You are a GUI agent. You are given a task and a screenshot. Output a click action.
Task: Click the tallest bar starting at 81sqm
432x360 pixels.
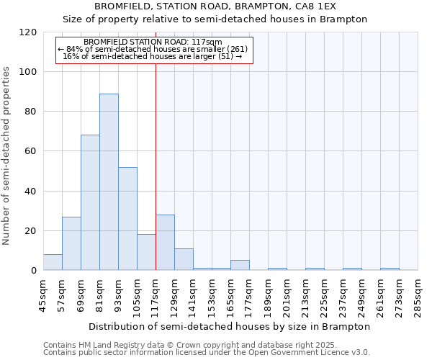pyautogui.click(x=109, y=182)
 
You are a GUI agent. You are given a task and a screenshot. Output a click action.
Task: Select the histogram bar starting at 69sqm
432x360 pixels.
pyautogui.click(x=90, y=202)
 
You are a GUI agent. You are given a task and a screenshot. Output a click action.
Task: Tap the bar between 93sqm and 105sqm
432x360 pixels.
pyautogui.click(x=127, y=219)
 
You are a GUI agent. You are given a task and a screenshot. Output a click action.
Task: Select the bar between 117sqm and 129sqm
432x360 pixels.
pyautogui.click(x=165, y=243)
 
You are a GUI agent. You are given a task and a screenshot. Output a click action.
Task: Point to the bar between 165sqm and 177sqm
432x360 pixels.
pyautogui.click(x=240, y=265)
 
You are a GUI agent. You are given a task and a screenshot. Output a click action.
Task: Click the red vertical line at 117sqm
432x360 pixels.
pyautogui.click(x=156, y=166)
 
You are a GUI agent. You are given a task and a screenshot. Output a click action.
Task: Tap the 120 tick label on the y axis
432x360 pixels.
pyautogui.click(x=28, y=32)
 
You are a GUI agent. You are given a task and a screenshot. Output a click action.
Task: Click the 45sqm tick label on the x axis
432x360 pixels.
pyautogui.click(x=43, y=295)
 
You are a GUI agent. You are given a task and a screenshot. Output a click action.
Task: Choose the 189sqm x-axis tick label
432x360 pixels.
pyautogui.click(x=268, y=295)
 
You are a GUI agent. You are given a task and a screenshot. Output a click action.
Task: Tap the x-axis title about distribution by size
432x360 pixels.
pyautogui.click(x=230, y=326)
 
